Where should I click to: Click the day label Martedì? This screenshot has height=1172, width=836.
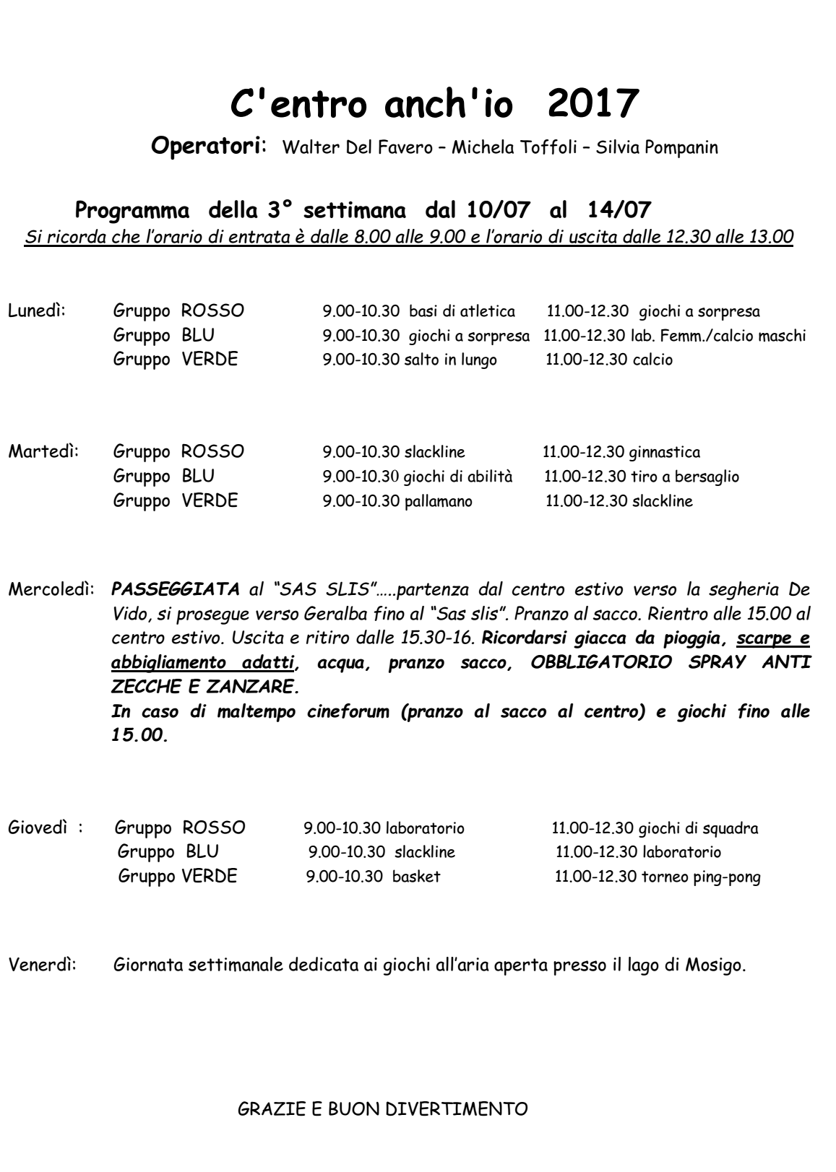click(43, 453)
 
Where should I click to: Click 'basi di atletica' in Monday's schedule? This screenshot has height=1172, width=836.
click(462, 312)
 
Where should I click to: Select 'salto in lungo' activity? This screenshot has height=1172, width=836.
click(450, 360)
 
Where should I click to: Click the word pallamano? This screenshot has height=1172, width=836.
click(438, 501)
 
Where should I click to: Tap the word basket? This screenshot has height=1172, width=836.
click(416, 877)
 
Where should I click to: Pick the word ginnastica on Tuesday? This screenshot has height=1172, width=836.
click(664, 453)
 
